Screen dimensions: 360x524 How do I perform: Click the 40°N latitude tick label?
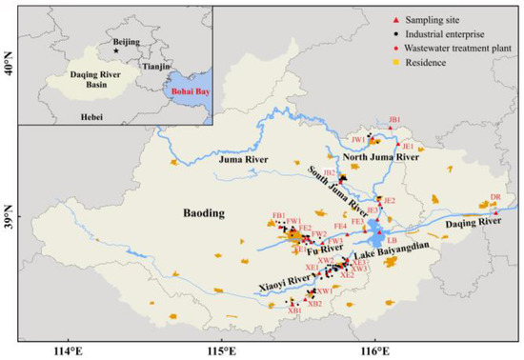[x=9, y=67]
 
